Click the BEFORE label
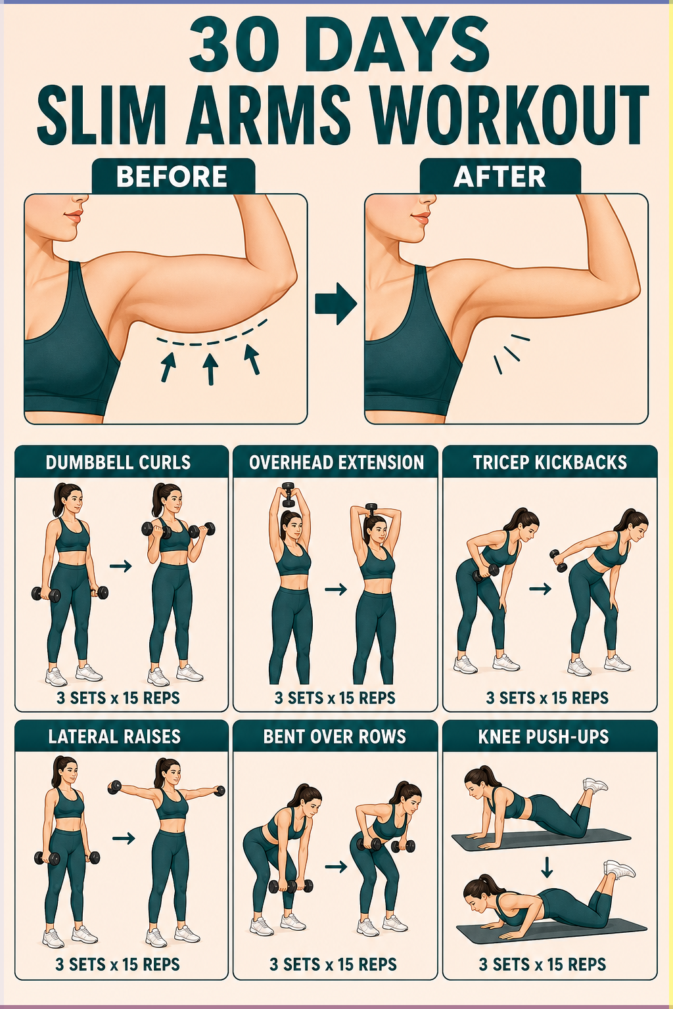click(x=172, y=176)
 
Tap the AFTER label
click(x=499, y=176)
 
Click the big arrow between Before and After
click(x=336, y=303)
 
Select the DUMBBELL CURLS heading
click(x=118, y=462)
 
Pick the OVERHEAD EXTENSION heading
click(x=336, y=462)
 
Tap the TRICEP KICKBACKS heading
click(x=550, y=462)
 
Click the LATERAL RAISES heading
click(x=114, y=736)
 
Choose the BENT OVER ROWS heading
click(x=335, y=736)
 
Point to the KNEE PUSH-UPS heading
click(x=543, y=736)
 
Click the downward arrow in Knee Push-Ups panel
click(x=547, y=867)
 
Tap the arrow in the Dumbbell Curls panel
click(x=120, y=566)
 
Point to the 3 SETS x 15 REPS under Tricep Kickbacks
click(x=547, y=698)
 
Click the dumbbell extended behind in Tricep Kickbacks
click(x=558, y=561)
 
